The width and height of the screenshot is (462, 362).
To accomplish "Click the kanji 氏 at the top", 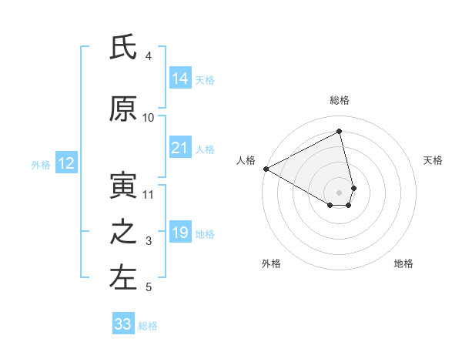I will (x=124, y=49).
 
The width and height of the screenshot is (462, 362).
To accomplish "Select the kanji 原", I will (x=124, y=110).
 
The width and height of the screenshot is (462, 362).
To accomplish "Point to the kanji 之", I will (x=124, y=233).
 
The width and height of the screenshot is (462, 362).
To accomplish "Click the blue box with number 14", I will (x=180, y=79).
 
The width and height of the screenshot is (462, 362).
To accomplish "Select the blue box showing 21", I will (x=180, y=148).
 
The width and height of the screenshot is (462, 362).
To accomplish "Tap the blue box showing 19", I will (x=180, y=233).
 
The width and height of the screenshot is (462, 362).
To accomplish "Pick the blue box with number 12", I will (x=66, y=163).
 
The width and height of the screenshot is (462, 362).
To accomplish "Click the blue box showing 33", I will (x=123, y=324).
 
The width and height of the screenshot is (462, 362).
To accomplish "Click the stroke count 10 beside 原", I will (x=149, y=118).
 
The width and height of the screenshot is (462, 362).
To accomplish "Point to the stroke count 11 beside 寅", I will (x=149, y=195).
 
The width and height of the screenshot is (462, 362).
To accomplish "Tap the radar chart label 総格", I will (x=339, y=100).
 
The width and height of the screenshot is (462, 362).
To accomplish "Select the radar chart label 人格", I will (x=246, y=160).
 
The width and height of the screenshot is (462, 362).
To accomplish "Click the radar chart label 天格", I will (x=433, y=160).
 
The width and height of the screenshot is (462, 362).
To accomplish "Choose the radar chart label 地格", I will (x=403, y=263).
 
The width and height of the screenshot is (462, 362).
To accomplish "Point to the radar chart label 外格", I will (x=271, y=263).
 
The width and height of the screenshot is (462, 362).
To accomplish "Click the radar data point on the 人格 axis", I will (x=266, y=168).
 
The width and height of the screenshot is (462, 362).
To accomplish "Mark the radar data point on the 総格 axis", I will (x=339, y=131).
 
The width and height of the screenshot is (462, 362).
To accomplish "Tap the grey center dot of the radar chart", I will (x=339, y=192).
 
